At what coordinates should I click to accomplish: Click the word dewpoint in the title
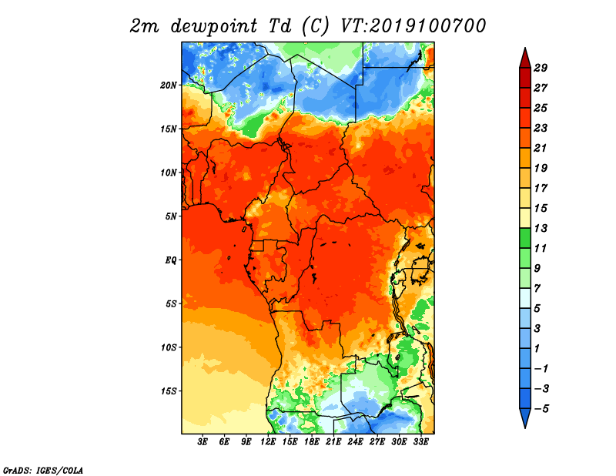coord(214,26)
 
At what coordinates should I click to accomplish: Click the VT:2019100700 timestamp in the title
coord(413,26)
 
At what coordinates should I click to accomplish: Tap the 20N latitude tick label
coord(169,85)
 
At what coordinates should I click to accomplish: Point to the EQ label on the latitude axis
coord(171,260)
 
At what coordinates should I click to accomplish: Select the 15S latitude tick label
coord(169,391)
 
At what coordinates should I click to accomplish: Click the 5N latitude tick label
coord(171,216)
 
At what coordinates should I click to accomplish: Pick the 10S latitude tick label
coord(169,347)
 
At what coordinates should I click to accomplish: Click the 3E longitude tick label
coord(203,442)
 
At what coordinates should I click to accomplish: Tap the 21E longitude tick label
coord(333,442)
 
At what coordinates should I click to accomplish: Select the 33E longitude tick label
coord(420,442)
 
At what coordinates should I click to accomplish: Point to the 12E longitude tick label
coord(267,442)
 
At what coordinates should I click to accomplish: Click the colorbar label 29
coord(541,68)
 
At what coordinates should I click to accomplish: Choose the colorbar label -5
coord(541,409)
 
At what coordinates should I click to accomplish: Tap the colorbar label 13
coord(541,228)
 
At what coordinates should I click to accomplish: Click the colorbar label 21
coord(541,148)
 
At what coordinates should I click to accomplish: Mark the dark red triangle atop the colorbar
coord(525,59)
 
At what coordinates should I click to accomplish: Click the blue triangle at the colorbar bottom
coord(525,417)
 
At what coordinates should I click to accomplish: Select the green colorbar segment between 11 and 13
coord(525,239)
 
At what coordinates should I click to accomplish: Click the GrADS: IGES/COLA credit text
coord(43,471)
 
